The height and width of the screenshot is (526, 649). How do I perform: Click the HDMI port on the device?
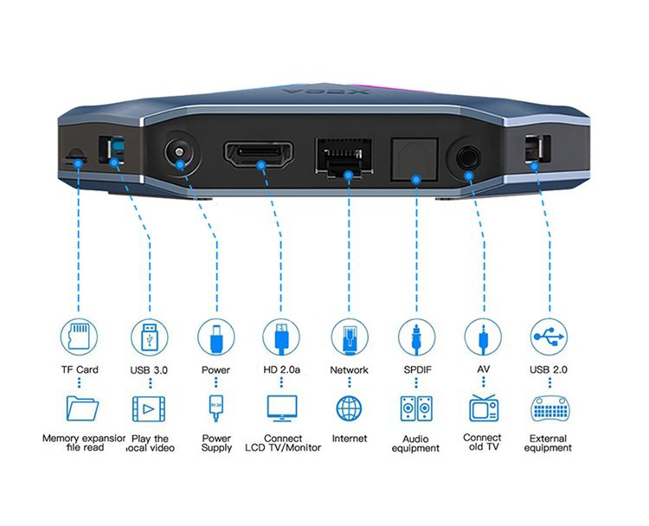pyautogui.click(x=259, y=154)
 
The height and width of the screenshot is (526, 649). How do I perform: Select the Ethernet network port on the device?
pyautogui.click(x=344, y=157)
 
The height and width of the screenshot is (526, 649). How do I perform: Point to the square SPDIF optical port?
pyautogui.click(x=414, y=159)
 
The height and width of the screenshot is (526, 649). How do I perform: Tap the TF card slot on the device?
pyautogui.click(x=76, y=157)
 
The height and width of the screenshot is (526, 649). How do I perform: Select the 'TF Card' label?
pyautogui.click(x=80, y=369)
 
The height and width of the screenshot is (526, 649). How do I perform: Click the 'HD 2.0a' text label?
pyautogui.click(x=281, y=369)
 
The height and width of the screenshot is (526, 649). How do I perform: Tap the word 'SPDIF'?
pyautogui.click(x=417, y=369)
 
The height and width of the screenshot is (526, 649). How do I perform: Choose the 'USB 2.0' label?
pyautogui.click(x=548, y=369)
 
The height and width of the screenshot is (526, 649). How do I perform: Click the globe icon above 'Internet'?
pyautogui.click(x=349, y=408)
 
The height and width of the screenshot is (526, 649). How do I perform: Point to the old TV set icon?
pyautogui.click(x=484, y=408)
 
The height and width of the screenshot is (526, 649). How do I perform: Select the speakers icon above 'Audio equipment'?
pyautogui.click(x=416, y=408)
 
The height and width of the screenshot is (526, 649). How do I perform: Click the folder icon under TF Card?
pyautogui.click(x=82, y=408)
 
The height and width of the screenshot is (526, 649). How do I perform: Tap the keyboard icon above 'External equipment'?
pyautogui.click(x=549, y=409)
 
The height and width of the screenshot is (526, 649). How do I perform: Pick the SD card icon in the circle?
pyautogui.click(x=79, y=337)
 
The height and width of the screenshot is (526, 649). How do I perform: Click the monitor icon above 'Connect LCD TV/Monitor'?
pyautogui.click(x=282, y=408)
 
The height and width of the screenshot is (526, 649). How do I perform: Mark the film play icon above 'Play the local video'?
pyautogui.click(x=149, y=409)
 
